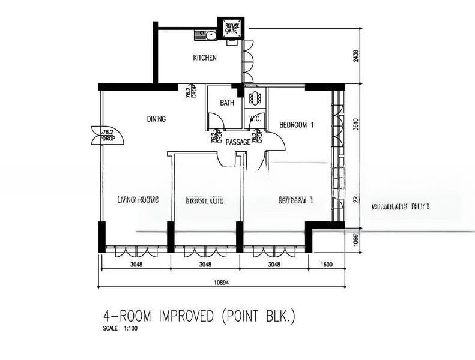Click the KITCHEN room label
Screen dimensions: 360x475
(204, 58)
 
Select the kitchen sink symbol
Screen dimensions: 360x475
(205, 35)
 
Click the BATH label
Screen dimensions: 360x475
(227, 103)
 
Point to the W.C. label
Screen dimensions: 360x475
(255, 119)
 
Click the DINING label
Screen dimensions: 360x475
(156, 119)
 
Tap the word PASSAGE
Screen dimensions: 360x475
(238, 142)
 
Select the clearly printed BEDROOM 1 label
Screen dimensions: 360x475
(297, 125)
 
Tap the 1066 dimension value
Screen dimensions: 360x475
(356, 240)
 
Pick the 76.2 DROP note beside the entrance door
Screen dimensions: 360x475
(109, 135)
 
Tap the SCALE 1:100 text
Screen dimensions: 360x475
(118, 329)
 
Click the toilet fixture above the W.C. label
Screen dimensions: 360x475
(255, 98)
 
